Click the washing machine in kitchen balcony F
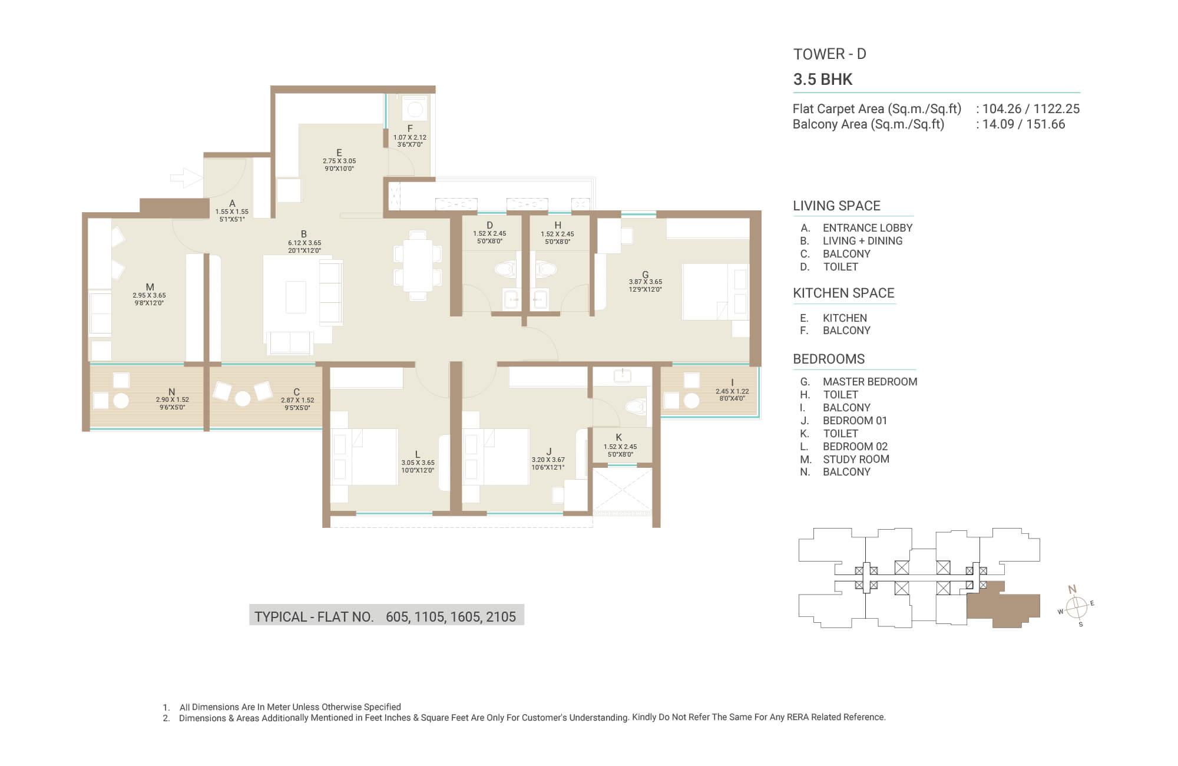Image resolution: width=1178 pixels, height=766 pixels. tap(415, 109)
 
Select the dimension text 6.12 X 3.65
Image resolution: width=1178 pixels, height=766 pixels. tap(305, 243)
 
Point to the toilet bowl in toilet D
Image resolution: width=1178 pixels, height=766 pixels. tap(505, 270)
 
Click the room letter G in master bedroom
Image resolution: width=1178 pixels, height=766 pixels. tap(646, 275)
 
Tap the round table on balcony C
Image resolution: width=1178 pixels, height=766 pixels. tap(243, 399)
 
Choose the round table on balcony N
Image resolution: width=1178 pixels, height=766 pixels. tap(121, 401)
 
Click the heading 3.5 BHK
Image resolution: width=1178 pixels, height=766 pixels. tap(823, 80)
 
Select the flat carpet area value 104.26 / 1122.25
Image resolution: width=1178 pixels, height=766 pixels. tap(1031, 109)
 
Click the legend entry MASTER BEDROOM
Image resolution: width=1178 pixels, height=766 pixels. tap(870, 382)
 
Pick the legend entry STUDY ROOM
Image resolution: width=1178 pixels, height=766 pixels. tap(856, 459)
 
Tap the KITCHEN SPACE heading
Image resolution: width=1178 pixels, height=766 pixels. tap(843, 293)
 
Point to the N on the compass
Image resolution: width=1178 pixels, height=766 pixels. tap(1072, 589)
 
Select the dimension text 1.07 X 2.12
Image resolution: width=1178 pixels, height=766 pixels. tap(410, 137)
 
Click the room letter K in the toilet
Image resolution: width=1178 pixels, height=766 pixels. tap(619, 437)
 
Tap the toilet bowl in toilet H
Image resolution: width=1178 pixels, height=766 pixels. tap(546, 270)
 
